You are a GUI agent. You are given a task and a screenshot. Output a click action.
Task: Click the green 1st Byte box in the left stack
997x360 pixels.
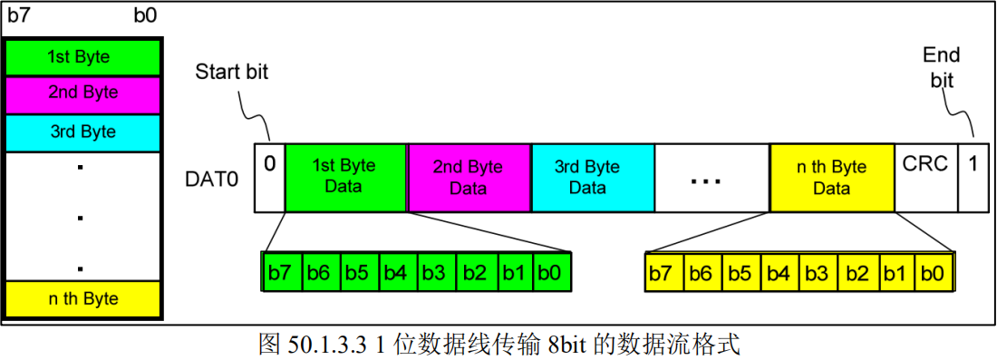pos(83,57)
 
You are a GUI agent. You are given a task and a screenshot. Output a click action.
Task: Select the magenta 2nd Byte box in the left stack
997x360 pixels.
pos(83,93)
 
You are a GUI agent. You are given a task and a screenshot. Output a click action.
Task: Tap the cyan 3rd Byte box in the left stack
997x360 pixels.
pos(83,132)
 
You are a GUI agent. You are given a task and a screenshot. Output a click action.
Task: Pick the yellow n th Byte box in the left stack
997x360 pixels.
pos(83,298)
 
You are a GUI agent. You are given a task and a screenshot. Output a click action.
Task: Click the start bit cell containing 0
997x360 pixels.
pos(269,177)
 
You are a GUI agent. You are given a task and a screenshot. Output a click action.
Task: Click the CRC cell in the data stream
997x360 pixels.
pos(925,177)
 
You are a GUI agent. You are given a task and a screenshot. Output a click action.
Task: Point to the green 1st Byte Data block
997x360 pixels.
pos(345,177)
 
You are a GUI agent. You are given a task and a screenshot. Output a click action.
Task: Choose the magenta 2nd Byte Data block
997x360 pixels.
pos(469,177)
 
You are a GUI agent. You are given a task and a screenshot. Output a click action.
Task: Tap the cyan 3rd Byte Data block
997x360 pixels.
pos(591,177)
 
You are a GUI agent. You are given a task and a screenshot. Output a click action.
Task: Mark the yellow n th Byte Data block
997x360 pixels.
pos(831,177)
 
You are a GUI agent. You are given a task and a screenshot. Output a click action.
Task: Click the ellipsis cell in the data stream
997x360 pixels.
pos(711,177)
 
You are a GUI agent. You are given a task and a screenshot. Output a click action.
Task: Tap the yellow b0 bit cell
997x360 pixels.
pos(934,271)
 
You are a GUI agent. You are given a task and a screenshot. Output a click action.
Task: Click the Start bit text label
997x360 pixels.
pos(231,73)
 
